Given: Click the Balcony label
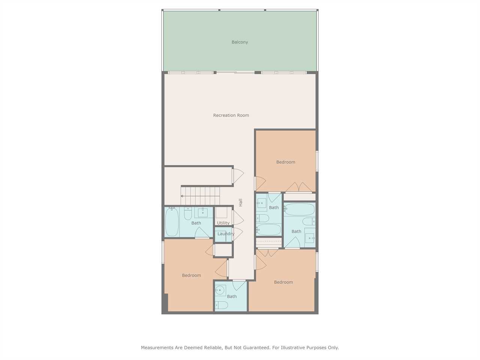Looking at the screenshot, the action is coord(240,42).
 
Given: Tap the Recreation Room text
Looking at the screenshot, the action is coord(231,115).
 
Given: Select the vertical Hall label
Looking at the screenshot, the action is coord(240,202).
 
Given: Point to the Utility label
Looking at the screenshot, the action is coord(223,223).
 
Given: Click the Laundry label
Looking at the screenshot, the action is coord(226,234).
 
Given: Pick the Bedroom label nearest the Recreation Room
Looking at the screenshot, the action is coord(286,162).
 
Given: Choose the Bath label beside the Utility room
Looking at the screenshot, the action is coord(196,223).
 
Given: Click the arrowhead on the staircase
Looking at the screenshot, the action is coord(182,196).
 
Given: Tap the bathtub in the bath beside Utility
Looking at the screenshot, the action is coord(172,222).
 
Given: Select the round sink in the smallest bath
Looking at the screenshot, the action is coord(220,290).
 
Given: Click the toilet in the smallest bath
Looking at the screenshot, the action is coord(222,305).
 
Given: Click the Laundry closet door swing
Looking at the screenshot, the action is coord(238,234).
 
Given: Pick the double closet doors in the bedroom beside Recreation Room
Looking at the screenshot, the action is coord(299,187).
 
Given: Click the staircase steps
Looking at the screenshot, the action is coord(200,196).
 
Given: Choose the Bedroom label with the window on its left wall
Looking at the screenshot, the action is coord(191,275).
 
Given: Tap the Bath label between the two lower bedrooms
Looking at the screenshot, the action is coord(232,296).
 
